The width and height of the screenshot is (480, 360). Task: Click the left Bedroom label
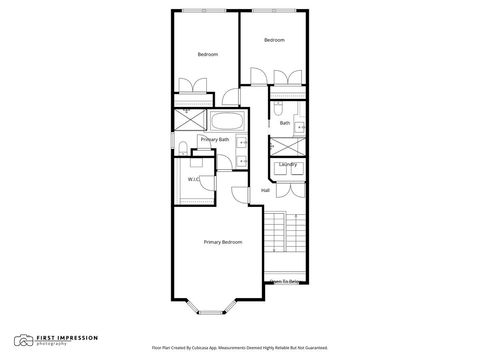click(207, 54)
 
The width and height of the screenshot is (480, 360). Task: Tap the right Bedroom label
click(274, 40)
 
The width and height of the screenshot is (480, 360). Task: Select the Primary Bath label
click(214, 140)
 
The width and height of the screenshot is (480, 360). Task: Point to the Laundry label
click(288, 164)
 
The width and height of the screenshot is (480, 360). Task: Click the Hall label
click(265, 190)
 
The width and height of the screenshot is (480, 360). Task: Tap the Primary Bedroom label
click(223, 242)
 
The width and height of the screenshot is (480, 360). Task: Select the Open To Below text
click(287, 282)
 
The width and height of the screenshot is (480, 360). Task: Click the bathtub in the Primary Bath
click(223, 122)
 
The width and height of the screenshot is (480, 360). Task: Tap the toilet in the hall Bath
click(279, 109)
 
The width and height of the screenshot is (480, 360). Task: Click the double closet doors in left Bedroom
click(186, 87)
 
